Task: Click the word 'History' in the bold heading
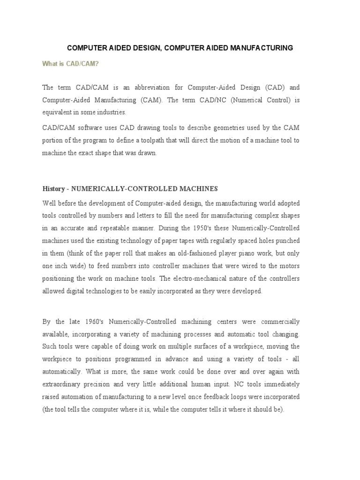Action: click(x=53, y=188)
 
